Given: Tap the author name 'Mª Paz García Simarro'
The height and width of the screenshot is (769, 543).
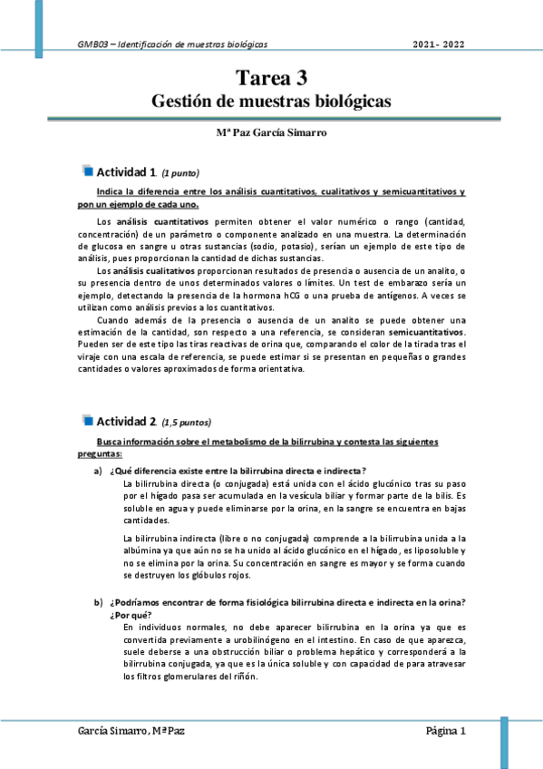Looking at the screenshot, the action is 271,132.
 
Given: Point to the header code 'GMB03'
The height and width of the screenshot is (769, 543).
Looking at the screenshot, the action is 92,44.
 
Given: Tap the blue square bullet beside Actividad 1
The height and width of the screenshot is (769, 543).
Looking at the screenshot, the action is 88,170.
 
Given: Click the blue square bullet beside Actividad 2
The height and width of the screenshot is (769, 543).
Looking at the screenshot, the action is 88,420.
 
